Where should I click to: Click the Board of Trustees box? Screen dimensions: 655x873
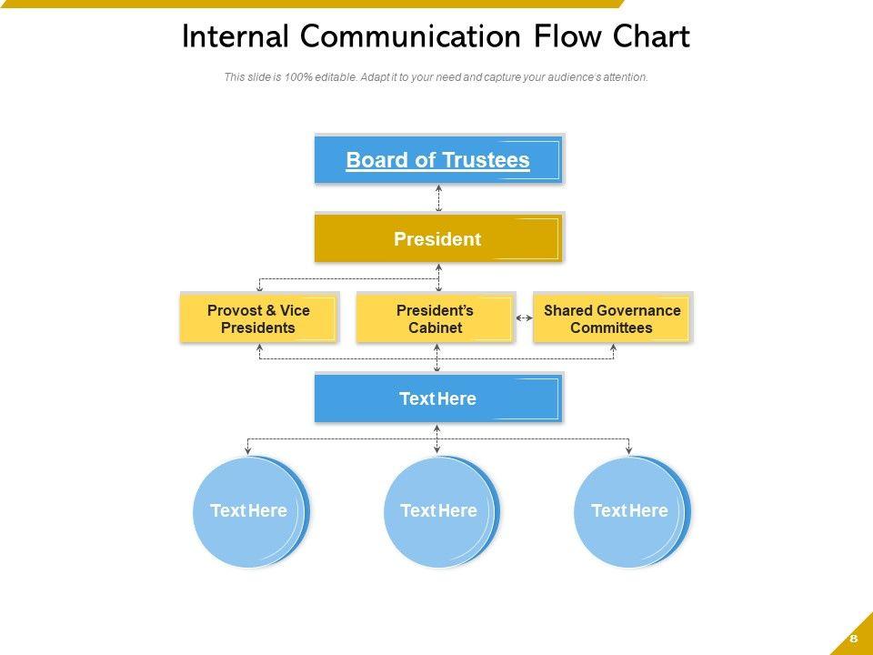[438, 160]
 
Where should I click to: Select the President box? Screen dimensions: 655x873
[438, 239]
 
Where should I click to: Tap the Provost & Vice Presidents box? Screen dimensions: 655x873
[258, 318]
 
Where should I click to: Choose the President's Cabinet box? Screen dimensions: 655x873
[435, 318]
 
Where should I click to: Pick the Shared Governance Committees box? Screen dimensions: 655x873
[611, 318]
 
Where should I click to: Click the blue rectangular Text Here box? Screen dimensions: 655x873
[438, 398]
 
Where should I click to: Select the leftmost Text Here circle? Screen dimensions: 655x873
[249, 511]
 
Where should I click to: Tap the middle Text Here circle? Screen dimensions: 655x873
[439, 511]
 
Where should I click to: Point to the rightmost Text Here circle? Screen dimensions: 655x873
[630, 511]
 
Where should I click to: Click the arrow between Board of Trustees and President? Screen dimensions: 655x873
[438, 197]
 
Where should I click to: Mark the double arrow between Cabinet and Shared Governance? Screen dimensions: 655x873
[524, 318]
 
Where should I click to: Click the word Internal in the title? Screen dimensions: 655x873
[236, 37]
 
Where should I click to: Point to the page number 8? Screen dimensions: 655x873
[854, 638]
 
